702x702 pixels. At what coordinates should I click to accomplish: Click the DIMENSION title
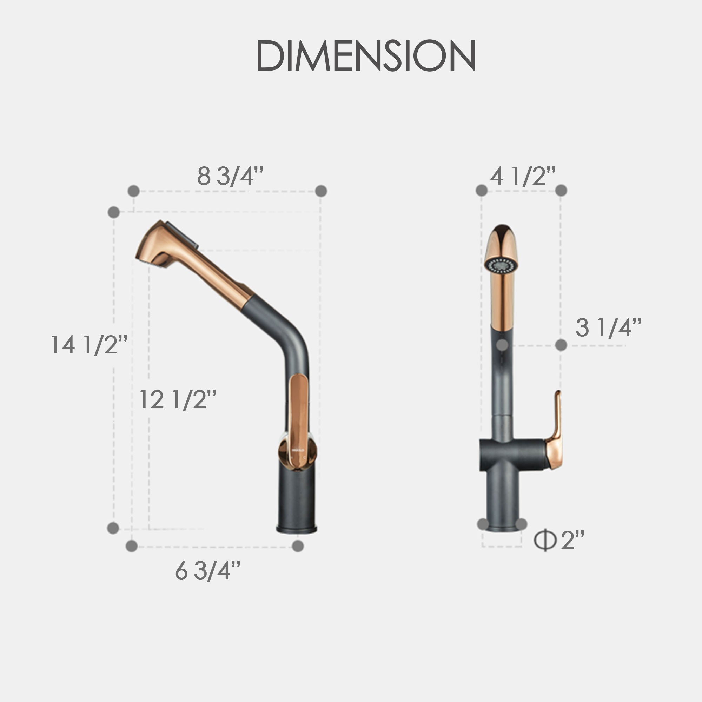(366, 55)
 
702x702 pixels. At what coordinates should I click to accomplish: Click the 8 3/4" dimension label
(230, 176)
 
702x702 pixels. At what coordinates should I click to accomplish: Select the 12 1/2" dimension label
(178, 399)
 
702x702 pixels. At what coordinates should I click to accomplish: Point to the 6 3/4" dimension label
(207, 570)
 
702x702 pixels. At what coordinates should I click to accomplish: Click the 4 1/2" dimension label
(523, 176)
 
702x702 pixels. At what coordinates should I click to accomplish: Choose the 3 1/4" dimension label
(608, 327)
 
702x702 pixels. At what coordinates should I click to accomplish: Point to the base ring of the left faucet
(297, 529)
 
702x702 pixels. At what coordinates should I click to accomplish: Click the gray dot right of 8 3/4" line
(321, 191)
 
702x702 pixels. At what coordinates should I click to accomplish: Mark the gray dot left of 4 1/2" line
(482, 190)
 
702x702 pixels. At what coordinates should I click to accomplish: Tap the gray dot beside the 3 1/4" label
(561, 345)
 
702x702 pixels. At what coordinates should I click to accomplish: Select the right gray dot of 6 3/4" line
(298, 546)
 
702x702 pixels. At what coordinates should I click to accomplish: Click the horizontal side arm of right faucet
(514, 454)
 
